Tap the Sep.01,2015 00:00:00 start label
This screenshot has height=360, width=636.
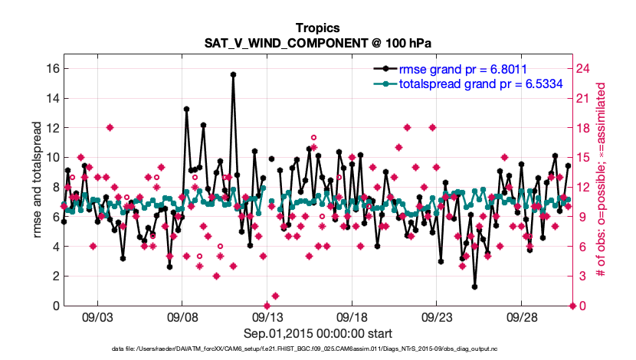coord(317,333)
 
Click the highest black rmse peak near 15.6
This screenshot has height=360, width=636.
coord(233,74)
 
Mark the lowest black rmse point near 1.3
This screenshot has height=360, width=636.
coord(475,286)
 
